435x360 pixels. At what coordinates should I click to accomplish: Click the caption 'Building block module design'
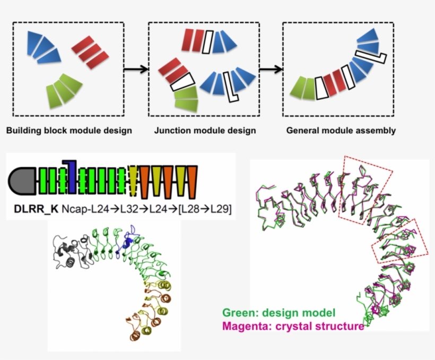[69, 131]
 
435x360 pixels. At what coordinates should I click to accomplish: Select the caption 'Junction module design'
[205, 131]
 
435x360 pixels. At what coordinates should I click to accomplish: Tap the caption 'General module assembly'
[341, 131]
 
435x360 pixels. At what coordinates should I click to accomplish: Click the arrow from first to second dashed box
[136, 69]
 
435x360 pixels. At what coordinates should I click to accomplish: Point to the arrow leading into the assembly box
[271, 69]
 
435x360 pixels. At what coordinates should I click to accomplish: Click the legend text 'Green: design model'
[279, 313]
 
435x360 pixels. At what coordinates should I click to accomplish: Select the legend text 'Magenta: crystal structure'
[293, 326]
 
